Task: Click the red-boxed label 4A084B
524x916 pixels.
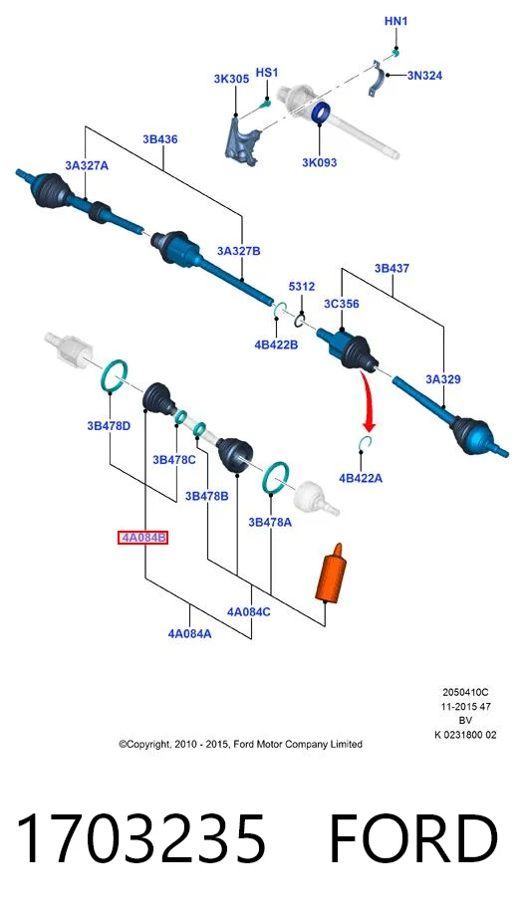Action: tap(143, 538)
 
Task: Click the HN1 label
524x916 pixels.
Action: tap(395, 22)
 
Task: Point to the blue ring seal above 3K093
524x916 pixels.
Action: tap(321, 112)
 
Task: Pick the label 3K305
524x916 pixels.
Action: tap(231, 79)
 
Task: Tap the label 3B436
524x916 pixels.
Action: tap(160, 139)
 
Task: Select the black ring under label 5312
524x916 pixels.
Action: tap(300, 320)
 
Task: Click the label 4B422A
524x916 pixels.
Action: tap(361, 479)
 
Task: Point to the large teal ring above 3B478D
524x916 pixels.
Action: tap(114, 375)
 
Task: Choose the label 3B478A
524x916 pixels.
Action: tap(270, 523)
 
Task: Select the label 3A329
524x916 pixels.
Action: tap(443, 379)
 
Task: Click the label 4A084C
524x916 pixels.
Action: tap(248, 611)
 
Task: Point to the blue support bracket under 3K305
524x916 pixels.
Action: tap(241, 141)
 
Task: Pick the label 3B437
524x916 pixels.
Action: tap(392, 269)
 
